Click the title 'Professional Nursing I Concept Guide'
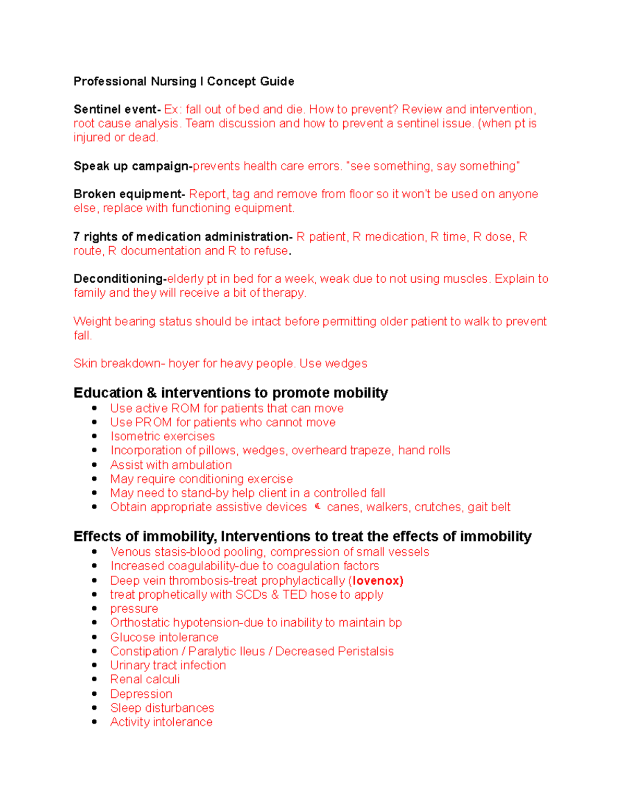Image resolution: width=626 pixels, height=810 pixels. click(x=184, y=81)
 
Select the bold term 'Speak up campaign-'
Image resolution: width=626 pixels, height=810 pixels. click(x=133, y=166)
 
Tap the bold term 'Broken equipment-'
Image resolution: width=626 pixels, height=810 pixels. click(x=129, y=194)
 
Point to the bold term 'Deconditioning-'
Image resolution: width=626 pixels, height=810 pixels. click(x=119, y=279)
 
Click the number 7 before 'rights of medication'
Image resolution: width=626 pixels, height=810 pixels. click(x=77, y=237)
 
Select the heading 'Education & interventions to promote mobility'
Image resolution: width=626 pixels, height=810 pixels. click(x=231, y=393)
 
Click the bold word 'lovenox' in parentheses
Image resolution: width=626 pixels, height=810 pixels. click(x=376, y=581)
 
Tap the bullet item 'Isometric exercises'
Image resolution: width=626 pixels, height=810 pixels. click(x=162, y=437)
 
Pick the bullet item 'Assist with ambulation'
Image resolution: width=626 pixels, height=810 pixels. click(x=171, y=465)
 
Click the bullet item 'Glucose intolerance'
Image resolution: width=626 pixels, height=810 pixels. click(x=164, y=637)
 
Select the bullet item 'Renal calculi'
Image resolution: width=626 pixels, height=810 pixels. click(x=145, y=680)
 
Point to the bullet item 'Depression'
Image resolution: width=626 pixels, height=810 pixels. click(x=141, y=694)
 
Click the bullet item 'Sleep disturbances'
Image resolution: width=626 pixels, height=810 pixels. click(x=162, y=708)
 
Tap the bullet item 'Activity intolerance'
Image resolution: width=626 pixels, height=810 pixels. click(x=161, y=722)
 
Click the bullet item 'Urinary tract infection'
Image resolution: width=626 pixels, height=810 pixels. click(x=168, y=666)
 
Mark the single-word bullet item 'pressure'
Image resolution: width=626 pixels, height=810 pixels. click(x=134, y=609)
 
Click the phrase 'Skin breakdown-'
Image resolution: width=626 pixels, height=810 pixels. click(x=119, y=364)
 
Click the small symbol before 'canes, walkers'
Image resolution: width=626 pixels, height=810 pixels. click(x=318, y=506)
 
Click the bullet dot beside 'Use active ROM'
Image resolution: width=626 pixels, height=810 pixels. click(x=94, y=408)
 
